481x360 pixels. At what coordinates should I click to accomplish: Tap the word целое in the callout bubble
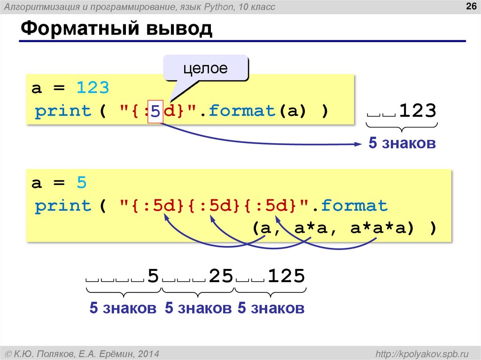205,69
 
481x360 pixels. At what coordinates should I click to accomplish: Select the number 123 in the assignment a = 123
93,88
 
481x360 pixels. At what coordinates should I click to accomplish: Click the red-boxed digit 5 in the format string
155,112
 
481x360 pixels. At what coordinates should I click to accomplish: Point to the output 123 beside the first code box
418,111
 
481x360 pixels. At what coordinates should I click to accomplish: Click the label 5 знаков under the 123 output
402,143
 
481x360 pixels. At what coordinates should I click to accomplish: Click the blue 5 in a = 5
82,183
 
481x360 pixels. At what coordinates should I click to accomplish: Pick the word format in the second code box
355,206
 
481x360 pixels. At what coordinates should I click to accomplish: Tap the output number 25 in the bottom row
221,276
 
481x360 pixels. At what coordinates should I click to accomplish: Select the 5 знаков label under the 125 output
271,308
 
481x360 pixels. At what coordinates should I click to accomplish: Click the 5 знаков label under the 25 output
198,308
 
